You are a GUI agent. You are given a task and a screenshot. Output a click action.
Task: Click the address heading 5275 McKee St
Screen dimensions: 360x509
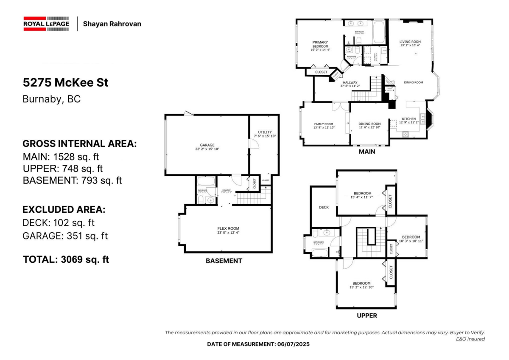65,82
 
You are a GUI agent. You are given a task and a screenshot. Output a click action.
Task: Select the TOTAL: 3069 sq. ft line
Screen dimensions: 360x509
66,259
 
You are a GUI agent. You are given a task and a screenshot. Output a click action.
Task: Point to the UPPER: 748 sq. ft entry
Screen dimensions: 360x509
63,169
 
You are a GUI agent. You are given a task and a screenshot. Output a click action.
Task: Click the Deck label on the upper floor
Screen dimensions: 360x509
324,208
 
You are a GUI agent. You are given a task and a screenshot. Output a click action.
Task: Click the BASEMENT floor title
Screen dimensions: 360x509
224,261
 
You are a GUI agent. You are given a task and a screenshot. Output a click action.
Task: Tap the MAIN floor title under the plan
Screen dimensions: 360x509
366,152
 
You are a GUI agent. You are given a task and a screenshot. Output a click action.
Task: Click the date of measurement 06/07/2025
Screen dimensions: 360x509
258,344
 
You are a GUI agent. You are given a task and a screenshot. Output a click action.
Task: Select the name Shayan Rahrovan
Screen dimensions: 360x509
112,24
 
